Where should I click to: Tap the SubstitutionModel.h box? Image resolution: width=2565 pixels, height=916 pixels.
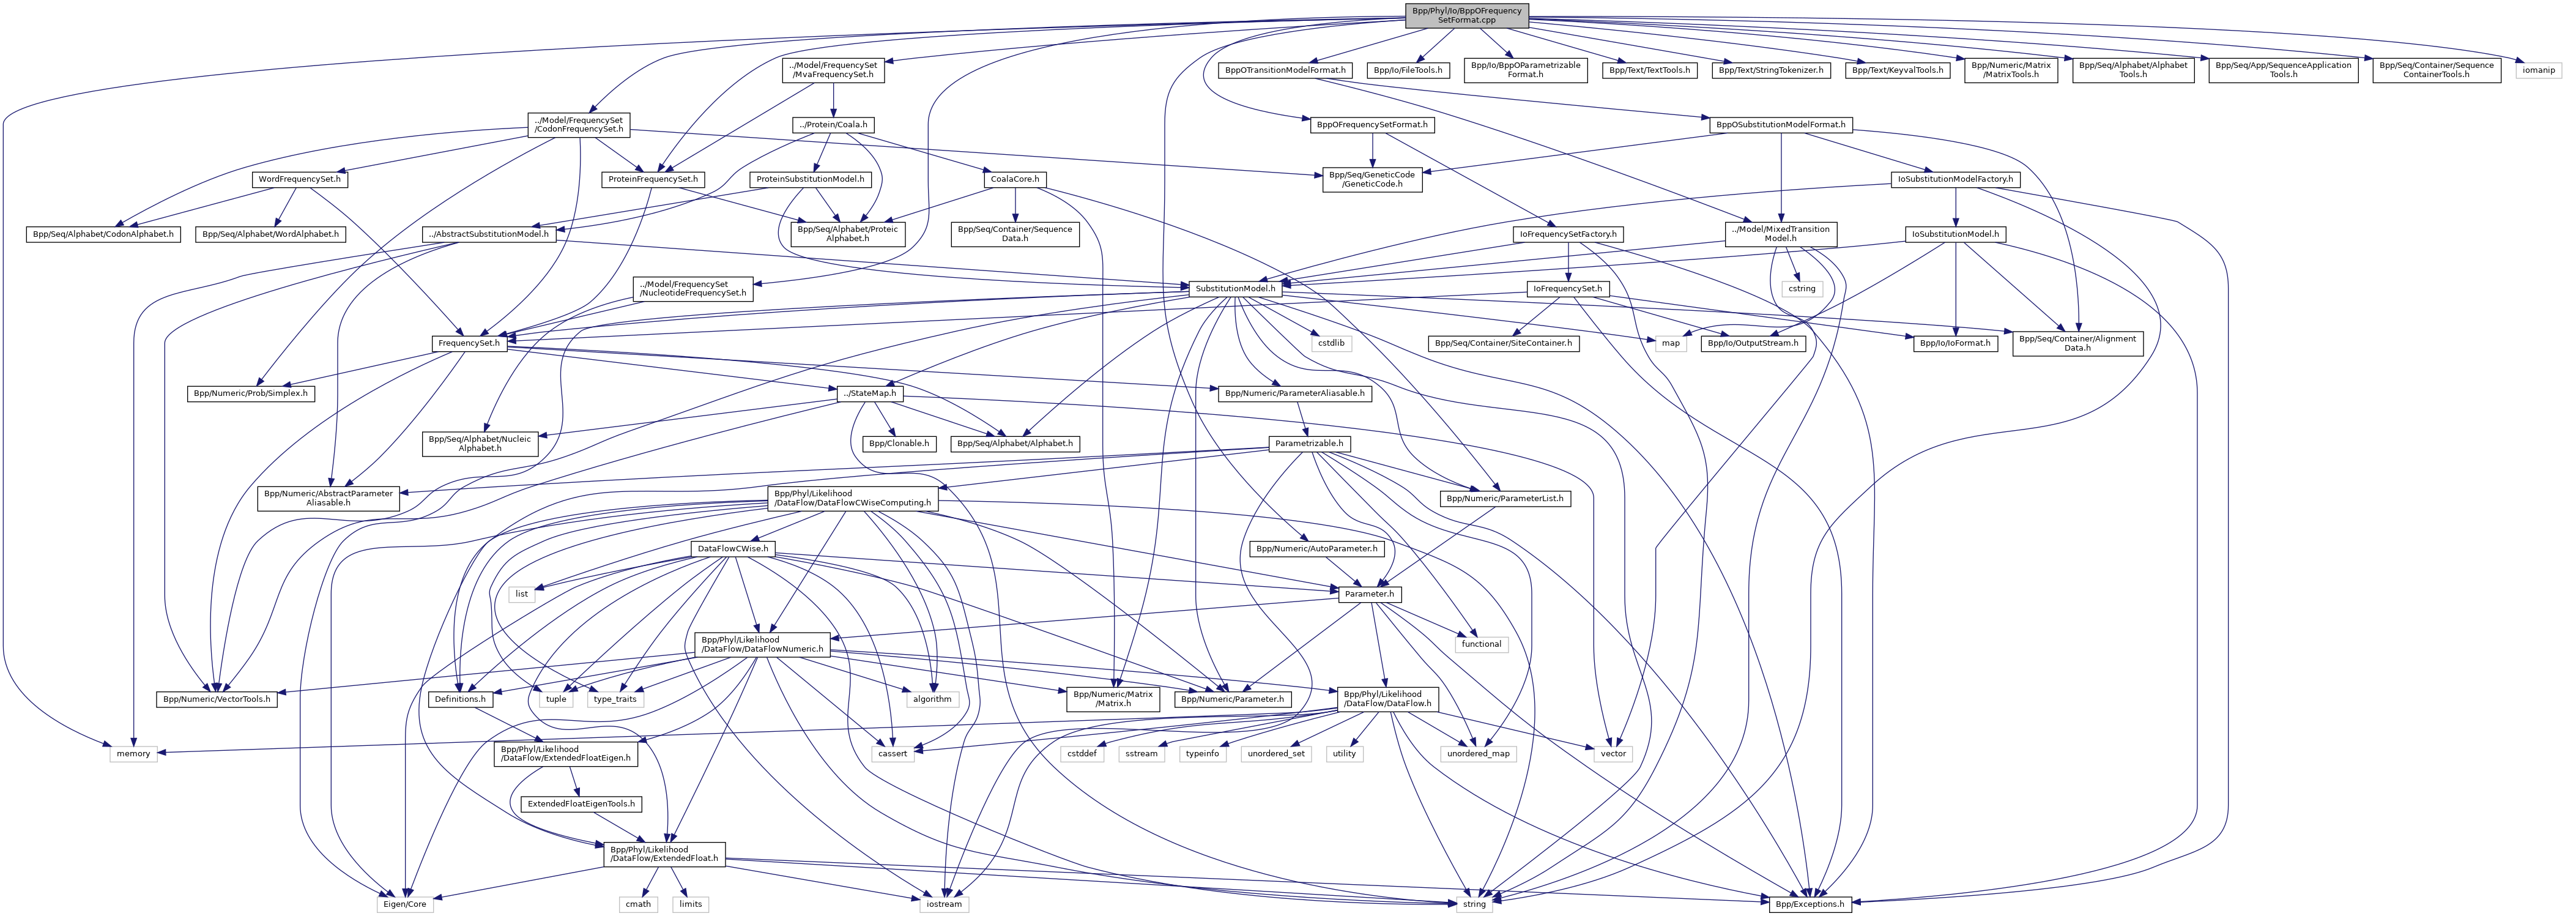(1234, 289)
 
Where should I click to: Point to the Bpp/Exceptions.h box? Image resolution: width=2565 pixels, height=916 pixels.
(1808, 904)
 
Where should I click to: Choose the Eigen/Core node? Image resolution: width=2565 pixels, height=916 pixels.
(403, 904)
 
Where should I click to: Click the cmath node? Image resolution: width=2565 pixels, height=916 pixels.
(637, 904)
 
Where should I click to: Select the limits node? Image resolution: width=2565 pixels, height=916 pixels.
(690, 904)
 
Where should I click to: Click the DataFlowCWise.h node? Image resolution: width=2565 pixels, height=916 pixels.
(732, 549)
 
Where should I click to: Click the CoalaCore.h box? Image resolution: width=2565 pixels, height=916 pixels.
(1015, 179)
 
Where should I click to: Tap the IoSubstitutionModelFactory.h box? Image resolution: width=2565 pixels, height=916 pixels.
(1954, 179)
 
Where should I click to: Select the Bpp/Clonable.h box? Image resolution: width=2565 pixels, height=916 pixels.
(899, 443)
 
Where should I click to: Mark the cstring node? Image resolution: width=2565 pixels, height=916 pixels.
(1802, 289)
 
